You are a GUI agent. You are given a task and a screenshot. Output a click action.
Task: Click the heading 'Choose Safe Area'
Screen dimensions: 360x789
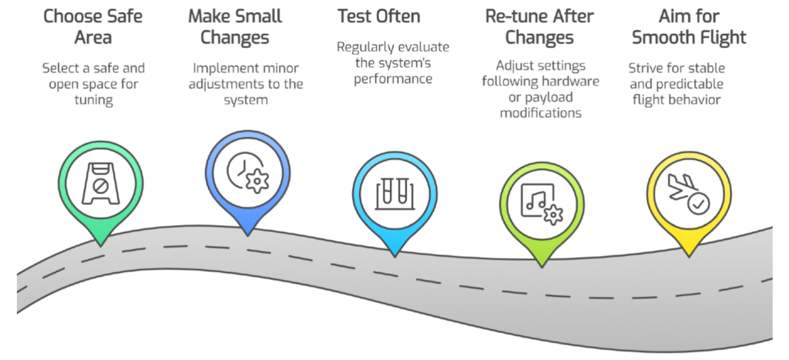point(93,26)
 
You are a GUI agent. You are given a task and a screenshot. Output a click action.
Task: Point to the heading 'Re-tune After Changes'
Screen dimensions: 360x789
point(540,26)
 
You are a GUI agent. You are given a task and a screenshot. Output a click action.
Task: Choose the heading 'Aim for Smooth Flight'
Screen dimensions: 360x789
point(688,26)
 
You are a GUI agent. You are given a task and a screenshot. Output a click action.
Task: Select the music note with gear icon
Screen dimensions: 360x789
point(538,203)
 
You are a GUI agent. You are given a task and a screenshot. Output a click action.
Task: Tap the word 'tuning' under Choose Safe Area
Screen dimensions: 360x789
point(93,100)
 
